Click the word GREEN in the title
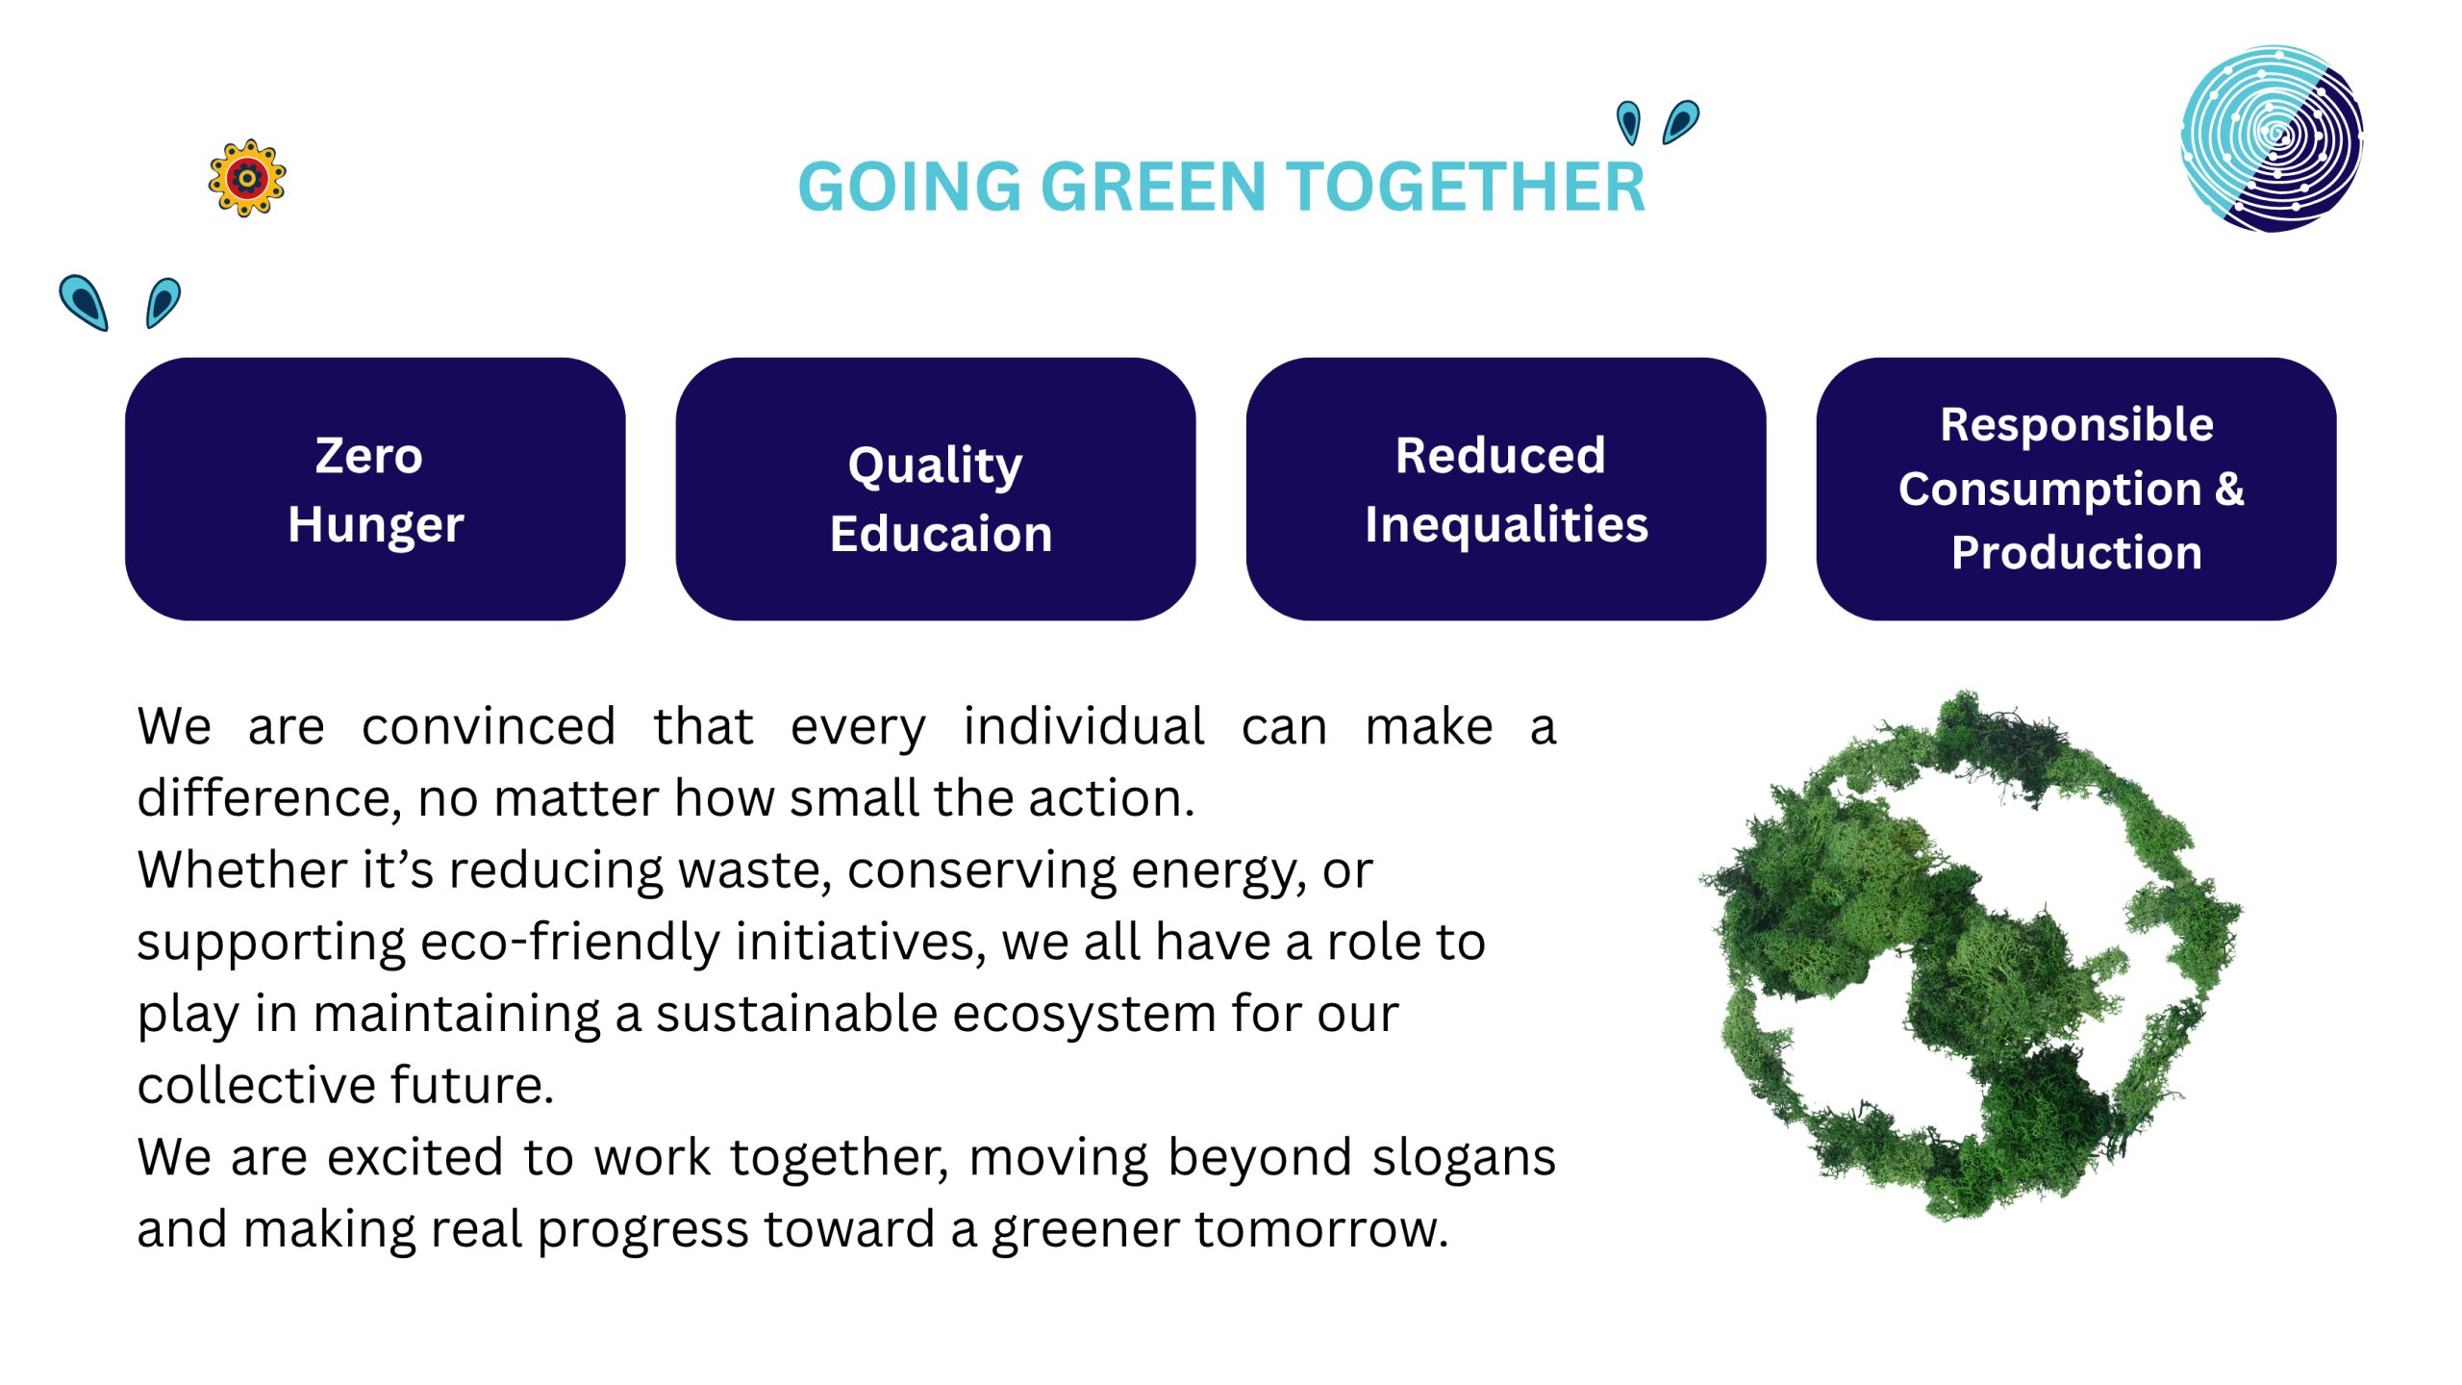pos(1153,187)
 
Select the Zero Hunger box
pos(375,489)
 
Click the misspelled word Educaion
pos(941,534)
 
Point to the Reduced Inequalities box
pos(1506,489)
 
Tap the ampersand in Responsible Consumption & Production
pos(2229,489)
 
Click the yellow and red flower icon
pos(247,178)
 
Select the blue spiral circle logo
pos(2272,138)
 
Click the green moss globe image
pos(1971,955)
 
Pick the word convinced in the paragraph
pos(489,726)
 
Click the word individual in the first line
pos(1084,726)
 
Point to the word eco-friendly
pos(570,942)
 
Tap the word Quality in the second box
pos(935,467)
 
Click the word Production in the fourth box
pos(2076,553)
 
